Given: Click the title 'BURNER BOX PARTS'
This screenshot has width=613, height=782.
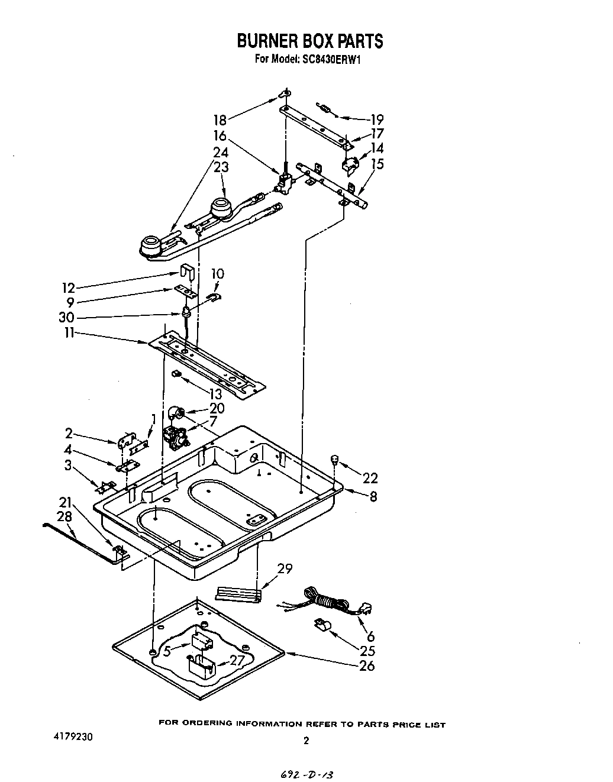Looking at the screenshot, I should click(x=309, y=41).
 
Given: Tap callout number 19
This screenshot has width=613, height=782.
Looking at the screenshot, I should click(x=376, y=119).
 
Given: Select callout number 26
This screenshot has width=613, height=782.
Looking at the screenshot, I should click(x=367, y=666).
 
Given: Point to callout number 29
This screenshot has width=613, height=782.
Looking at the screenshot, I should click(x=285, y=569).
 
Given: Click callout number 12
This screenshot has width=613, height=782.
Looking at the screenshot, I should click(x=69, y=288).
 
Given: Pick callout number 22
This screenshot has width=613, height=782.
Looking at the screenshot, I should click(x=370, y=478).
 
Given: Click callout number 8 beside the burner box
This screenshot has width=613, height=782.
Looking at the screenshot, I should click(x=373, y=497).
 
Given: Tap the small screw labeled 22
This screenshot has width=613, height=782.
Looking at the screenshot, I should click(x=335, y=458).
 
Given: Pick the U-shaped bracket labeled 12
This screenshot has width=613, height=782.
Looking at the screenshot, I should click(x=187, y=273).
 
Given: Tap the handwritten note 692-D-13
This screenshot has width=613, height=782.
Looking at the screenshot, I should click(x=308, y=774).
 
